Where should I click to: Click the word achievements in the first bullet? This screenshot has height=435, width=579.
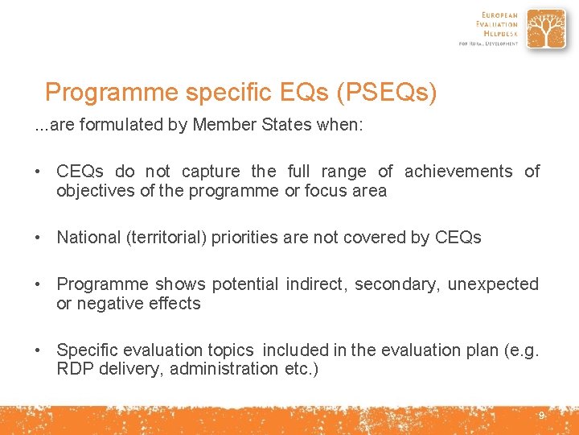[458, 171]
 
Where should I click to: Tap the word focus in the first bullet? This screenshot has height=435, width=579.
[326, 191]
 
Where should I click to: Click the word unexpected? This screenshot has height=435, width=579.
[492, 284]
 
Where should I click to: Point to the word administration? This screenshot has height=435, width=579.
[224, 369]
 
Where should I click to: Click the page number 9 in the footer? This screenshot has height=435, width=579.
[541, 416]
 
